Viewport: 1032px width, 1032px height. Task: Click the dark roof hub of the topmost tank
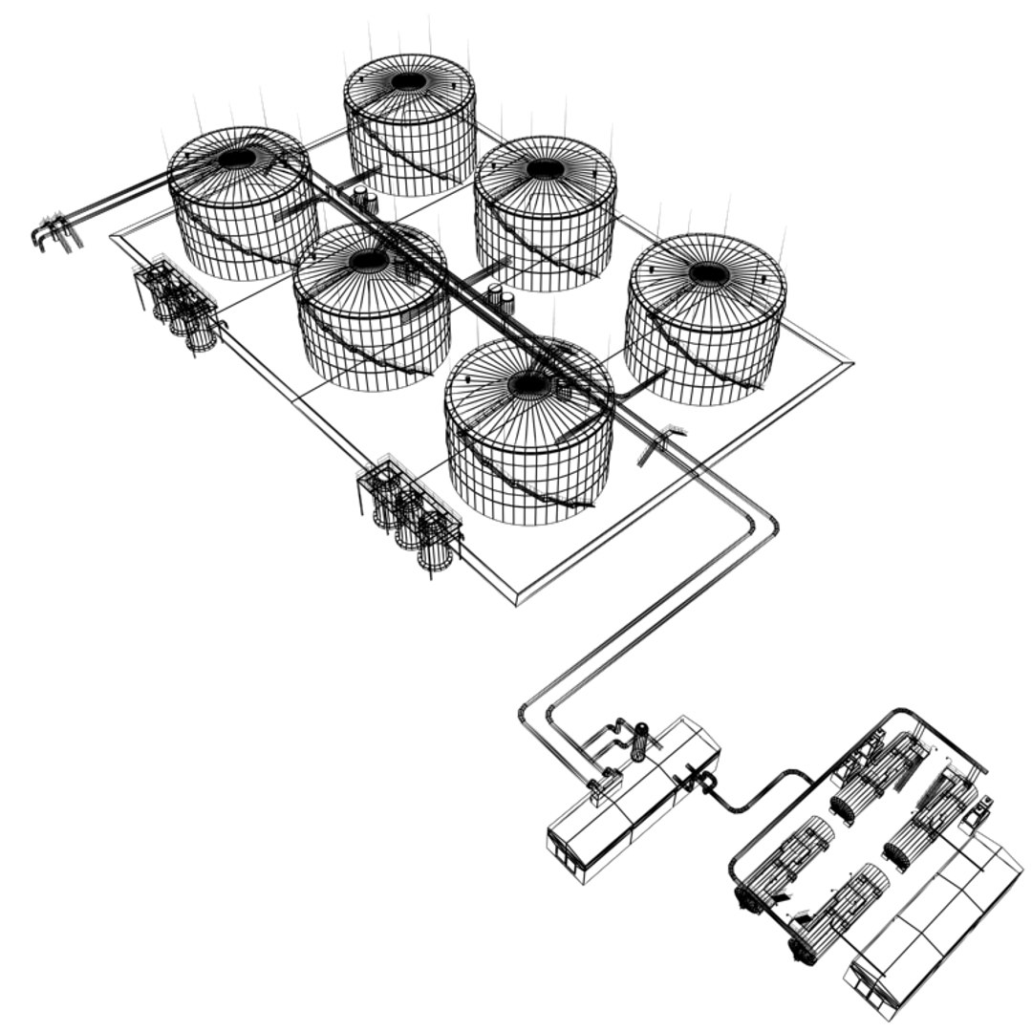point(409,82)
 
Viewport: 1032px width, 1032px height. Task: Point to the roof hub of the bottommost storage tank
point(528,384)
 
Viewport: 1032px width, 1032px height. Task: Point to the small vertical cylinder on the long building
point(639,741)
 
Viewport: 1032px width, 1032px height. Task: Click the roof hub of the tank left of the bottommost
point(369,260)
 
